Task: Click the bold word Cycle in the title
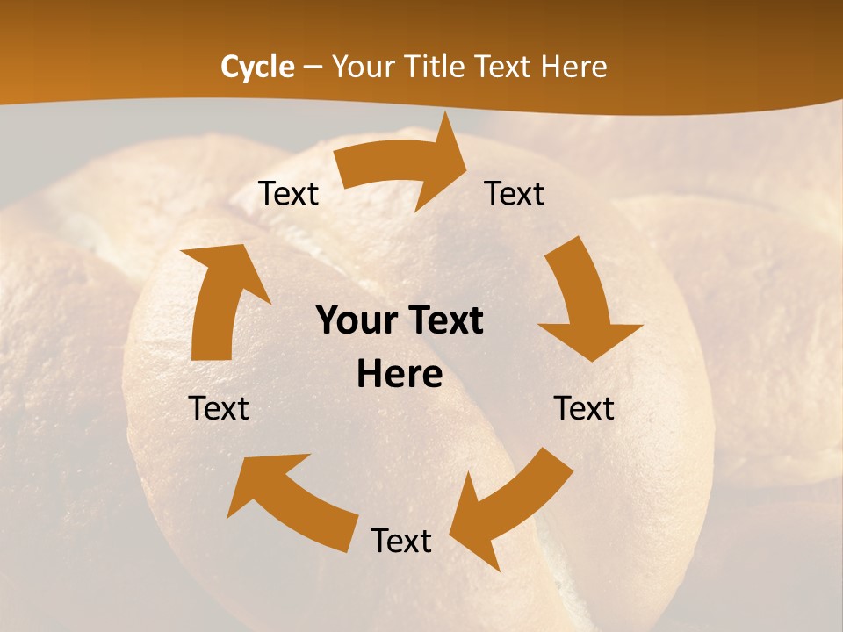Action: click(x=257, y=67)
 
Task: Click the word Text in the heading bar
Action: click(x=504, y=67)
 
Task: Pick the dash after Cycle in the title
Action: click(x=313, y=68)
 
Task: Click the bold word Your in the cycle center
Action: click(x=357, y=321)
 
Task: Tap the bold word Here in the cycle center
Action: click(x=400, y=375)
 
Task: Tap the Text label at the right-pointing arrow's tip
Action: click(x=515, y=194)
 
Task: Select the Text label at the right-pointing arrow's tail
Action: click(x=289, y=194)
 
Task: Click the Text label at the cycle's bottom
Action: click(x=401, y=542)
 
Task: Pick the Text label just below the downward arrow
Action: click(x=584, y=409)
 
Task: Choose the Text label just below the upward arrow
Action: click(x=219, y=409)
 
